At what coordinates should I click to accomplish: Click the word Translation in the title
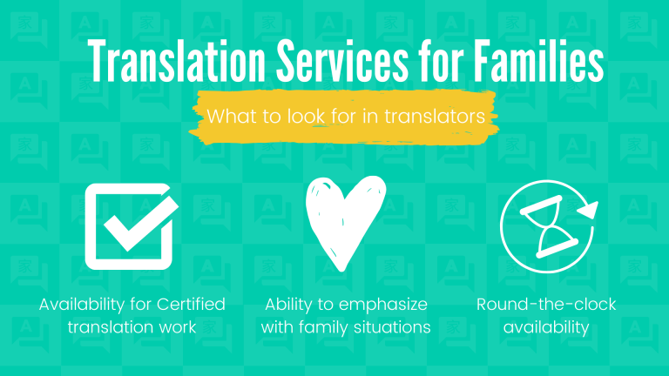[177, 61]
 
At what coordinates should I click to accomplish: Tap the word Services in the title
[342, 61]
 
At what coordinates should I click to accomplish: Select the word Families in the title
[538, 61]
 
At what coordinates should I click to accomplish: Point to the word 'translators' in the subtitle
[435, 117]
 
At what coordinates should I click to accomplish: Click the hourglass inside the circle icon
[549, 226]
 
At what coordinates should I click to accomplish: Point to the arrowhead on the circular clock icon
[589, 210]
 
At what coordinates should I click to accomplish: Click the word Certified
[191, 305]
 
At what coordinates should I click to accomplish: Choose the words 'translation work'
[132, 327]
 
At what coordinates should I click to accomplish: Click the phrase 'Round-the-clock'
[546, 305]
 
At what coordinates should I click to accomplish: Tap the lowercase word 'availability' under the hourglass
[546, 328]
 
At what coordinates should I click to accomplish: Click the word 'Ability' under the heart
[289, 305]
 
